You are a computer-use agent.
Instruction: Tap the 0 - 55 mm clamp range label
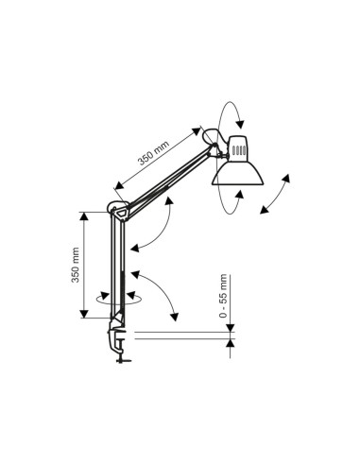coord(224,296)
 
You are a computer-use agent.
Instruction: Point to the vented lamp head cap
coord(239,147)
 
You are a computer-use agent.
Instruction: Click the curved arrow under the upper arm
coord(157,232)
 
